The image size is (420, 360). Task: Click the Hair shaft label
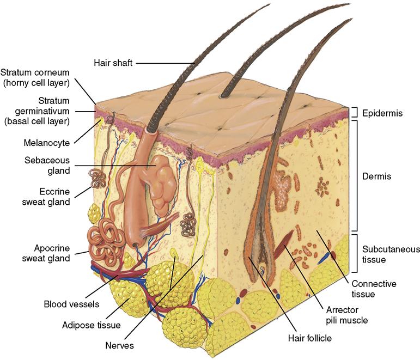point(112,63)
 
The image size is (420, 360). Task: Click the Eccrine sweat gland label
point(46,197)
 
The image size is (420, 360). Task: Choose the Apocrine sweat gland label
point(46,253)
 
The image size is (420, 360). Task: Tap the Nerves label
point(120,345)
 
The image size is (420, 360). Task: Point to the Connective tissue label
point(374,289)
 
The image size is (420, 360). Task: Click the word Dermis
point(376,176)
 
